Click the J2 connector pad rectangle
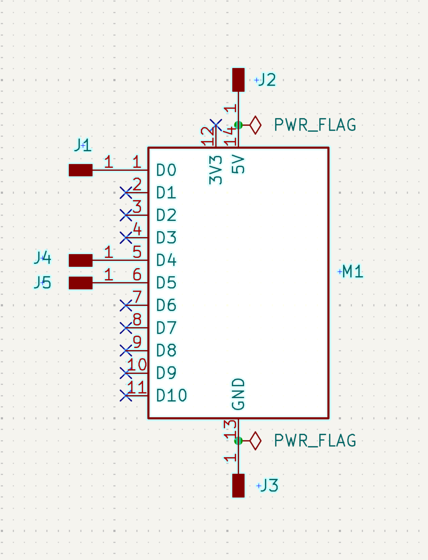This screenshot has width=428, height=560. coord(238,80)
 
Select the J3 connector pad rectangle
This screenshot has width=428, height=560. coord(238,485)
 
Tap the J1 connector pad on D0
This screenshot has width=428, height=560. coord(80,170)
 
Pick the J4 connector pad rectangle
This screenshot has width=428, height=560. coord(80,260)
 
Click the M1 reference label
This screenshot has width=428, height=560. coord(353,272)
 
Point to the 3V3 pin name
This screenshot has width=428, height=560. coord(216,170)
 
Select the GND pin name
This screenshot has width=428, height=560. coord(238,394)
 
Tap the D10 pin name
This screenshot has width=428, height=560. coord(171,396)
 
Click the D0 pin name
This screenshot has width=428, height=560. coord(166,170)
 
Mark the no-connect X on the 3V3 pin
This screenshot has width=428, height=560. coord(216,125)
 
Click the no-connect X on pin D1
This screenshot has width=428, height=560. coord(126,193)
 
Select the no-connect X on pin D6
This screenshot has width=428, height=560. coord(126,305)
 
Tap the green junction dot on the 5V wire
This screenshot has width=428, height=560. coord(238,125)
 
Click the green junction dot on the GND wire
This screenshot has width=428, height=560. coord(238,441)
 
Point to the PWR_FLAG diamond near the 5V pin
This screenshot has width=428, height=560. coord(255,125)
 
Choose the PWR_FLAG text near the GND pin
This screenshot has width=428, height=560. coord(315,440)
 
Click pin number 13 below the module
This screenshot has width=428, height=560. coord(230,429)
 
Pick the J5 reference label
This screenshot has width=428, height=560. coord(43,282)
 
